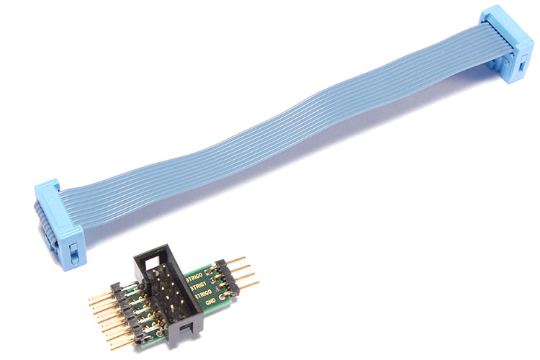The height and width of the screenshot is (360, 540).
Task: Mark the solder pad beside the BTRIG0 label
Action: click(x=208, y=271)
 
